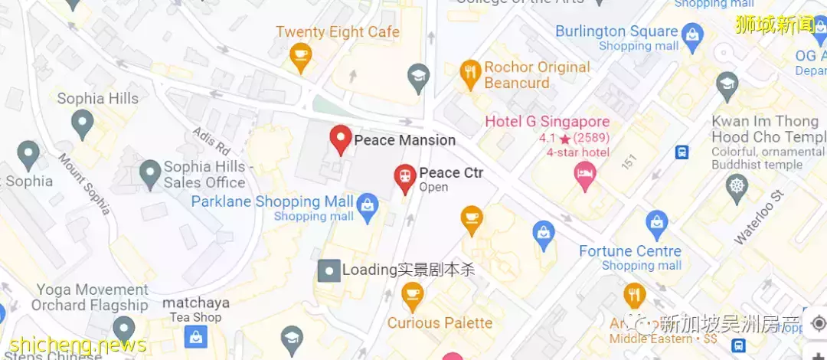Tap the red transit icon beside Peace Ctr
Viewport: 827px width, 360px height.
(x=404, y=177)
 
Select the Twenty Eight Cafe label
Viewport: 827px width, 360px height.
(x=338, y=32)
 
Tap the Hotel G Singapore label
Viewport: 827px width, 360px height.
(x=548, y=122)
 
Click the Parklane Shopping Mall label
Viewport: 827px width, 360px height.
(x=272, y=201)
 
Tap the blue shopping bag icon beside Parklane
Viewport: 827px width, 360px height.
(x=368, y=205)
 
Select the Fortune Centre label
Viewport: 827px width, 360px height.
(x=630, y=251)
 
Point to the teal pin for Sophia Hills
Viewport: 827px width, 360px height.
(x=82, y=121)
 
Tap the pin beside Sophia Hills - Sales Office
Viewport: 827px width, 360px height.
(x=150, y=171)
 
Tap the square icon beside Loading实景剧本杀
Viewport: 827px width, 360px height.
(x=329, y=270)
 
